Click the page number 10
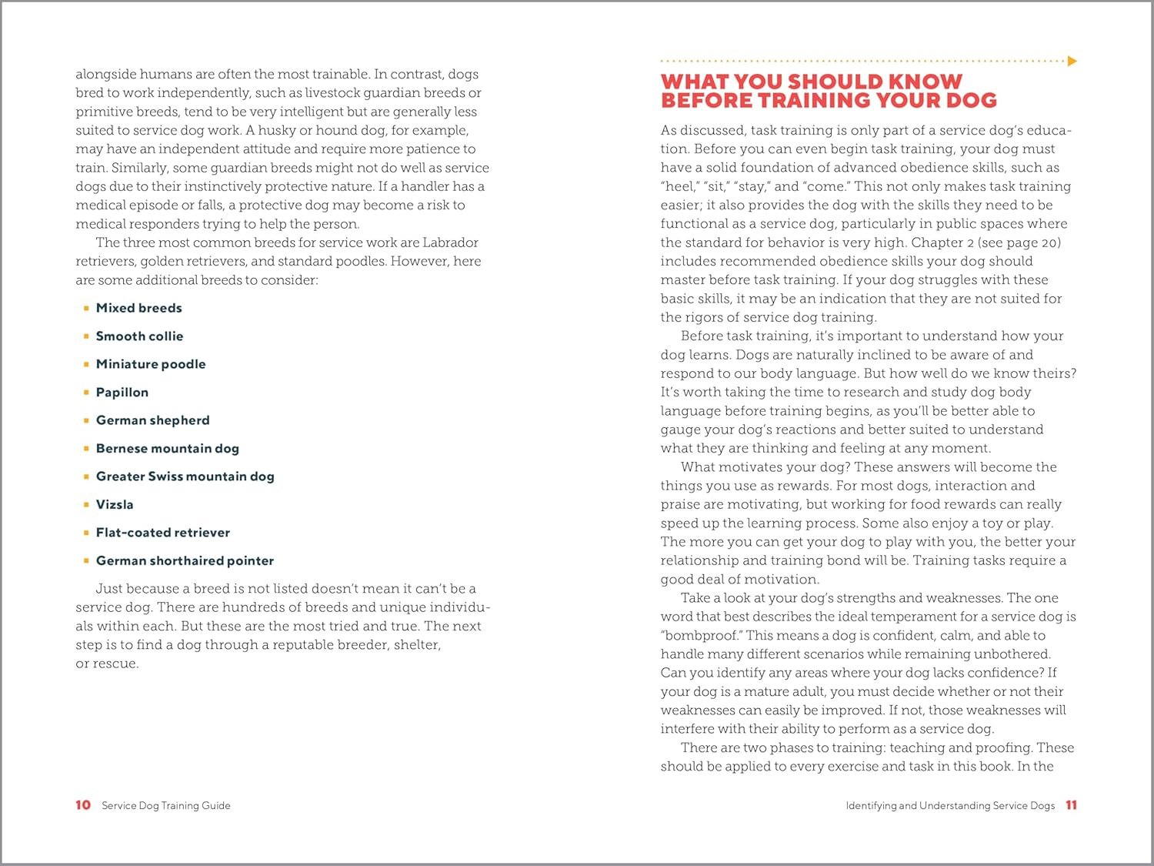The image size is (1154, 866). pyautogui.click(x=83, y=805)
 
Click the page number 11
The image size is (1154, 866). pyautogui.click(x=1071, y=805)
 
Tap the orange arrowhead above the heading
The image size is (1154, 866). pyautogui.click(x=1072, y=61)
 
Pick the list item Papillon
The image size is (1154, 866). pyautogui.click(x=122, y=393)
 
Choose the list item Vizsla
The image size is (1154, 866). pyautogui.click(x=115, y=505)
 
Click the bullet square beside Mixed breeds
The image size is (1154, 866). pyautogui.click(x=86, y=308)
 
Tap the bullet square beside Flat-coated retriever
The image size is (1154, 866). pyautogui.click(x=86, y=533)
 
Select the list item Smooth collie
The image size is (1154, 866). pyautogui.click(x=139, y=336)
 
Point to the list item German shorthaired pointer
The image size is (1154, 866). pyautogui.click(x=185, y=561)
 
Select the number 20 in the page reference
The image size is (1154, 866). pyautogui.click(x=1050, y=243)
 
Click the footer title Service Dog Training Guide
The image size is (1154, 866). pyautogui.click(x=166, y=806)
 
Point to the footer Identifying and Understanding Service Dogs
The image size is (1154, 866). pyautogui.click(x=950, y=806)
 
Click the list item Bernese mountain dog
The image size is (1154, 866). pyautogui.click(x=167, y=449)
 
